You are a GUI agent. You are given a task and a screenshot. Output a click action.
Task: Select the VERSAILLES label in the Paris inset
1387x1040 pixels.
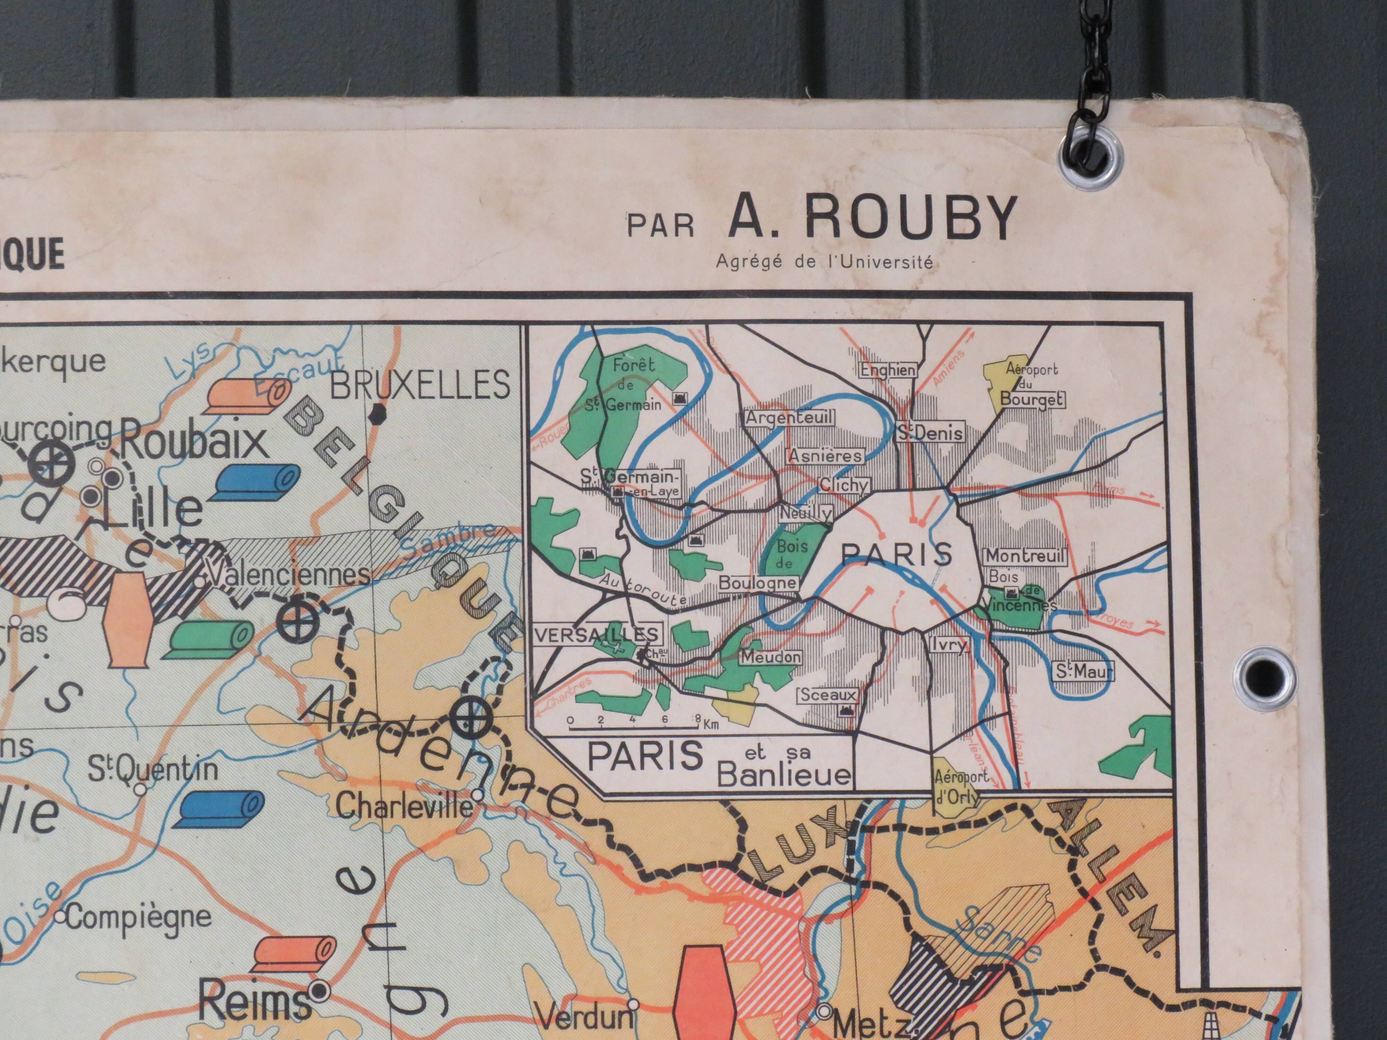point(597,634)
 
